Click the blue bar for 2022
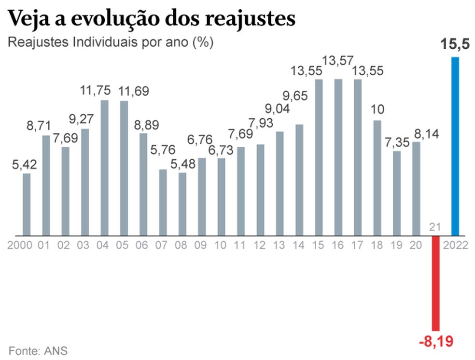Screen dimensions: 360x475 click(x=455, y=146)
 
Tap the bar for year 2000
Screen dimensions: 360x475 click(x=27, y=204)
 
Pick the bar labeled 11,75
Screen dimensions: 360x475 click(x=104, y=167)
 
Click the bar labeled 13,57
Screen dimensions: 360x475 click(x=338, y=157)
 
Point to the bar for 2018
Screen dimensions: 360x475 click(x=377, y=178)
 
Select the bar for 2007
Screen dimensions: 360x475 click(x=163, y=202)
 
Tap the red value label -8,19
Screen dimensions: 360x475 click(x=436, y=342)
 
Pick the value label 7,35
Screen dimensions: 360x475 click(x=397, y=143)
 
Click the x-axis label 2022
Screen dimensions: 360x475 click(x=456, y=245)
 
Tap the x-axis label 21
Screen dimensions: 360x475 click(x=435, y=227)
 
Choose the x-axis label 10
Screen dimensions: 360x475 click(x=221, y=245)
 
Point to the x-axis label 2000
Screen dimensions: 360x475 click(x=20, y=245)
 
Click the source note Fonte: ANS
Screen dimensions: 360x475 click(x=38, y=350)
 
